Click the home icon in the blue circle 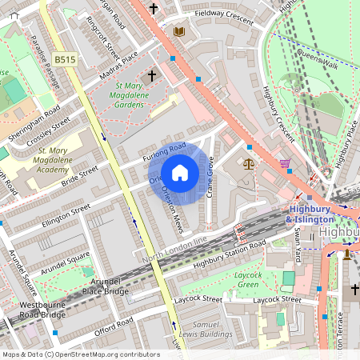click(180, 173)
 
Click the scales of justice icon click(248, 163)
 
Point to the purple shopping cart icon click(286, 164)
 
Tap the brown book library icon click(179, 31)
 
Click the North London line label click(175, 250)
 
